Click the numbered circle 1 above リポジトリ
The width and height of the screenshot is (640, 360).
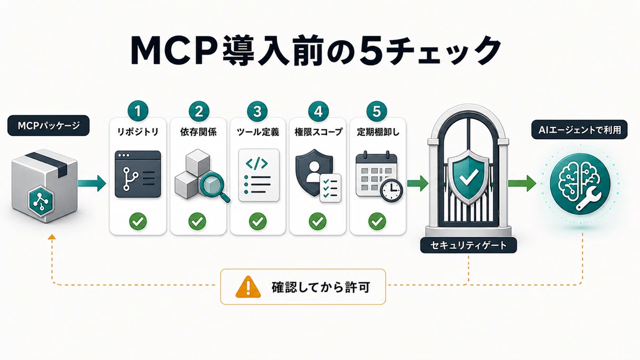pos(138,111)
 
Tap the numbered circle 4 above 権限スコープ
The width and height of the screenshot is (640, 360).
pos(318,111)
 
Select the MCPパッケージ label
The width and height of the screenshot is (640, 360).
pos(49,125)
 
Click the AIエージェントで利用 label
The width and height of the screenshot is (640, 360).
pos(579,130)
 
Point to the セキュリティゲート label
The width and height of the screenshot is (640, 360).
pos(469,245)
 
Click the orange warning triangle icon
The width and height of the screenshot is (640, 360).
pos(248,287)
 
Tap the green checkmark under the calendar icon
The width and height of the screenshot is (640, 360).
pos(377,221)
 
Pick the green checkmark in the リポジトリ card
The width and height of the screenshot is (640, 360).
pos(138,221)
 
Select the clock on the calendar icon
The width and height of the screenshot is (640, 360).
pos(391,191)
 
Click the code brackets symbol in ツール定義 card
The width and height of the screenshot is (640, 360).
pos(257,164)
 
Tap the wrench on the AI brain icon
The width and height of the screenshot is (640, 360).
pos(589,201)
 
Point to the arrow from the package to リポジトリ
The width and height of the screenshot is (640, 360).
pos(92,183)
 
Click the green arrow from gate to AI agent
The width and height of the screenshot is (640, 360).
pos(522,183)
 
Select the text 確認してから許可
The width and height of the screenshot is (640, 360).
pos(321,287)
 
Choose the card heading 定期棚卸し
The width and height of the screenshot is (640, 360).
pos(378,132)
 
